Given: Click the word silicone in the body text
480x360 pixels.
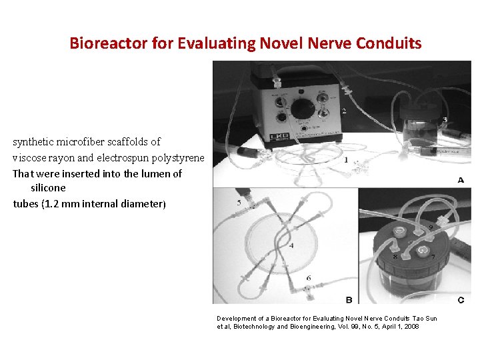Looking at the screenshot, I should [49, 188].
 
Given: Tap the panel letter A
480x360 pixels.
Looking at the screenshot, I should [461, 180].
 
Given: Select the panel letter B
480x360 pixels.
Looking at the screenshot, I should [349, 299].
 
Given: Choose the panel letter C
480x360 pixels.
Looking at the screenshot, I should [461, 299].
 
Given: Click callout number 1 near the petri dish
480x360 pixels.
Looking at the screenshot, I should [345, 160].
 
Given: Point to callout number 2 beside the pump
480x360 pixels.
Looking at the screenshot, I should [343, 111].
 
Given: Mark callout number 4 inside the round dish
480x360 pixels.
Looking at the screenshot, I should [291, 245].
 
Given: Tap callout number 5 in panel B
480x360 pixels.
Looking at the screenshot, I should [239, 203].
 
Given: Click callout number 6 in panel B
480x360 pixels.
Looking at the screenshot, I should [308, 277].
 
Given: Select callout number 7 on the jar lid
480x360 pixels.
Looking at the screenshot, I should [433, 257].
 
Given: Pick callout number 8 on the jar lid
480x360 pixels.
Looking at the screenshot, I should [395, 257].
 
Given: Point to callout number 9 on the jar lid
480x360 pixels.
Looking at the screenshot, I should [430, 229].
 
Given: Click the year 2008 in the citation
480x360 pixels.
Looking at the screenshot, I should [409, 327].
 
